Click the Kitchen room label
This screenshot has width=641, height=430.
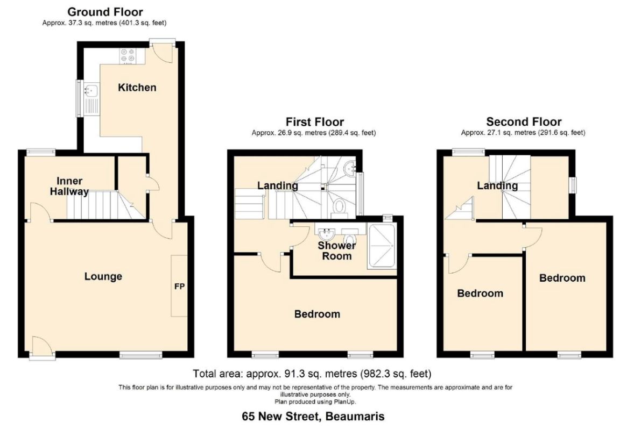click(x=137, y=88)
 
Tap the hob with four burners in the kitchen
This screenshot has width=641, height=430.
click(x=128, y=56)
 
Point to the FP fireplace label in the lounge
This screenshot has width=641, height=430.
click(x=179, y=286)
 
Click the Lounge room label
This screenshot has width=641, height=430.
click(x=103, y=276)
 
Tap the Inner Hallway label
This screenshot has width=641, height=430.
click(x=69, y=186)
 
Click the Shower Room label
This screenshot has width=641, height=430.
click(x=336, y=250)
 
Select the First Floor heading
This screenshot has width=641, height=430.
click(x=315, y=121)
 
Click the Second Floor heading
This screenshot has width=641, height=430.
click(x=524, y=121)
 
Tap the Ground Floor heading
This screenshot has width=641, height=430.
click(x=105, y=12)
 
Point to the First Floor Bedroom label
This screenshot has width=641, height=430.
click(x=317, y=314)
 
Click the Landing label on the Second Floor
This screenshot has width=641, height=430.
click(x=497, y=186)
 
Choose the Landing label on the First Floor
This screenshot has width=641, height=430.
click(x=278, y=186)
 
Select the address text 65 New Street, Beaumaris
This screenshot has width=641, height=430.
click(x=313, y=417)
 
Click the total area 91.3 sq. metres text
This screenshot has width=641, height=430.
click(x=312, y=373)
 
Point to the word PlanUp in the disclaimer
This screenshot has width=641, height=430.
click(x=347, y=402)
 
